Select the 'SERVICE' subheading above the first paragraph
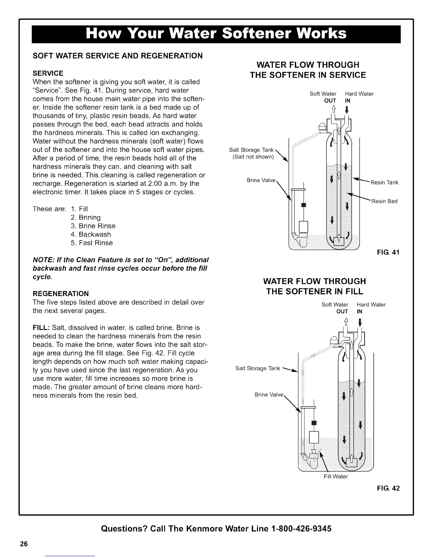tap(48, 73)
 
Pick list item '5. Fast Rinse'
tap(92, 243)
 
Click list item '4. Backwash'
tap(91, 234)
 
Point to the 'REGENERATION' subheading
tap(61, 294)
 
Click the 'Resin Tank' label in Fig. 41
tap(384, 182)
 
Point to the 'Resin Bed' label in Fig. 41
tap(384, 201)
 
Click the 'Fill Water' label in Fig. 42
tap(336, 476)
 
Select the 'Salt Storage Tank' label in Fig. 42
tap(258, 368)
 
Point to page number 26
tap(24, 543)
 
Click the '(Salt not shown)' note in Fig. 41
tap(253, 157)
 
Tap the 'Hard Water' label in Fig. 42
tap(371, 305)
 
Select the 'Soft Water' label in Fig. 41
tap(323, 94)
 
